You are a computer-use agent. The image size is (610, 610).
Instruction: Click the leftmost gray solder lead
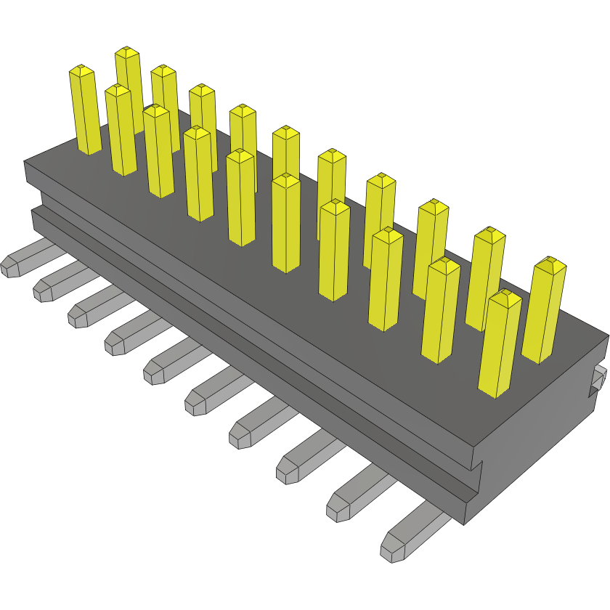click(x=25, y=261)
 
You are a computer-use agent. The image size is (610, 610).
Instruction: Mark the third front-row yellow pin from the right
click(x=385, y=279)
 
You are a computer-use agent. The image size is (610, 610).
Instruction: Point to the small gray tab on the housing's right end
click(x=599, y=378)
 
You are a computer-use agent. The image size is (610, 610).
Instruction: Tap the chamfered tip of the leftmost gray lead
click(x=10, y=267)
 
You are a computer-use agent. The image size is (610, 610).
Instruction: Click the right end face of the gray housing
click(x=545, y=436)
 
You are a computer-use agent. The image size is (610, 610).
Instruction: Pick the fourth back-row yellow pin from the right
click(x=380, y=218)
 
